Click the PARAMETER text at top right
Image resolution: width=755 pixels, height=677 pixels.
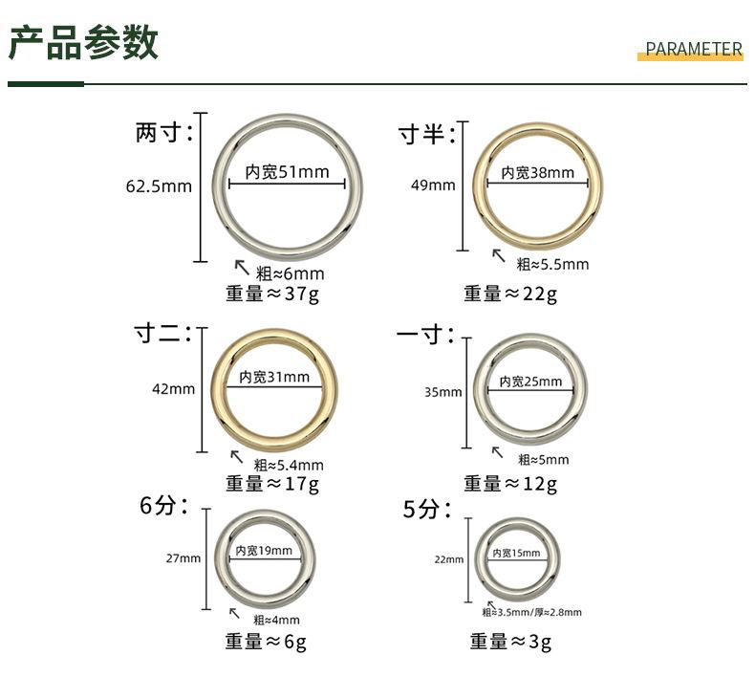694,49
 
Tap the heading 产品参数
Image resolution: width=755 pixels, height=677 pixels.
83,43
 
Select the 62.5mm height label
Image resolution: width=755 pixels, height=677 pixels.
159,186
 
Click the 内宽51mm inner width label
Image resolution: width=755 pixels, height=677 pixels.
287,172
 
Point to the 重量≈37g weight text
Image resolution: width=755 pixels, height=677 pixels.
272,294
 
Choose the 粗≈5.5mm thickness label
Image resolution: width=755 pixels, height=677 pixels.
552,264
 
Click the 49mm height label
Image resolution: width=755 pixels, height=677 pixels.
433,186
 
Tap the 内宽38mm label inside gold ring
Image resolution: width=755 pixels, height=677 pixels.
537,172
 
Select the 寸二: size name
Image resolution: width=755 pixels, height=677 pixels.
162,334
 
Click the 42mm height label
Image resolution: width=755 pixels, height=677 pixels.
173,389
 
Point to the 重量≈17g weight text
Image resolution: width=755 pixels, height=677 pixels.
272,483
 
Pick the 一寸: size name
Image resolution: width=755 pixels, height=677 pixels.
424,335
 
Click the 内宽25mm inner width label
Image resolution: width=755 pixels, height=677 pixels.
530,382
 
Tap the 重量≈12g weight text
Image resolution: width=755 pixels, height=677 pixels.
510,483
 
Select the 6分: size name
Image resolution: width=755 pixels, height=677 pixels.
163,506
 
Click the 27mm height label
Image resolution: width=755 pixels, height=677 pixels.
183,558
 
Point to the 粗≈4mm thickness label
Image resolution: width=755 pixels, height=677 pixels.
276,620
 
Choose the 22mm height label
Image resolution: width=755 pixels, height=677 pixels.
449,559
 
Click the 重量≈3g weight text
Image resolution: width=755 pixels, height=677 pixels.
510,642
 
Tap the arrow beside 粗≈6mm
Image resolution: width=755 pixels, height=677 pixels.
242,268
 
